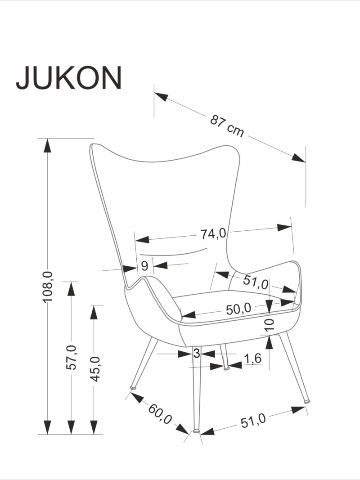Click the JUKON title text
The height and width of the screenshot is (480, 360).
point(69,78)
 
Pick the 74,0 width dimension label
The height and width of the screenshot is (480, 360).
point(213,233)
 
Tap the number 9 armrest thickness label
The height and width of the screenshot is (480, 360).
point(144,265)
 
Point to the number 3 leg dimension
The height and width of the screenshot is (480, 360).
point(196,354)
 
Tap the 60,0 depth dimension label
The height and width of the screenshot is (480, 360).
point(160,414)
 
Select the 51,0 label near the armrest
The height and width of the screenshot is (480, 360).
point(256,282)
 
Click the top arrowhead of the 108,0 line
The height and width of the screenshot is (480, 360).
point(47,145)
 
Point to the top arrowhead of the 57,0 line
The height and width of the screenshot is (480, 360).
point(71,288)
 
